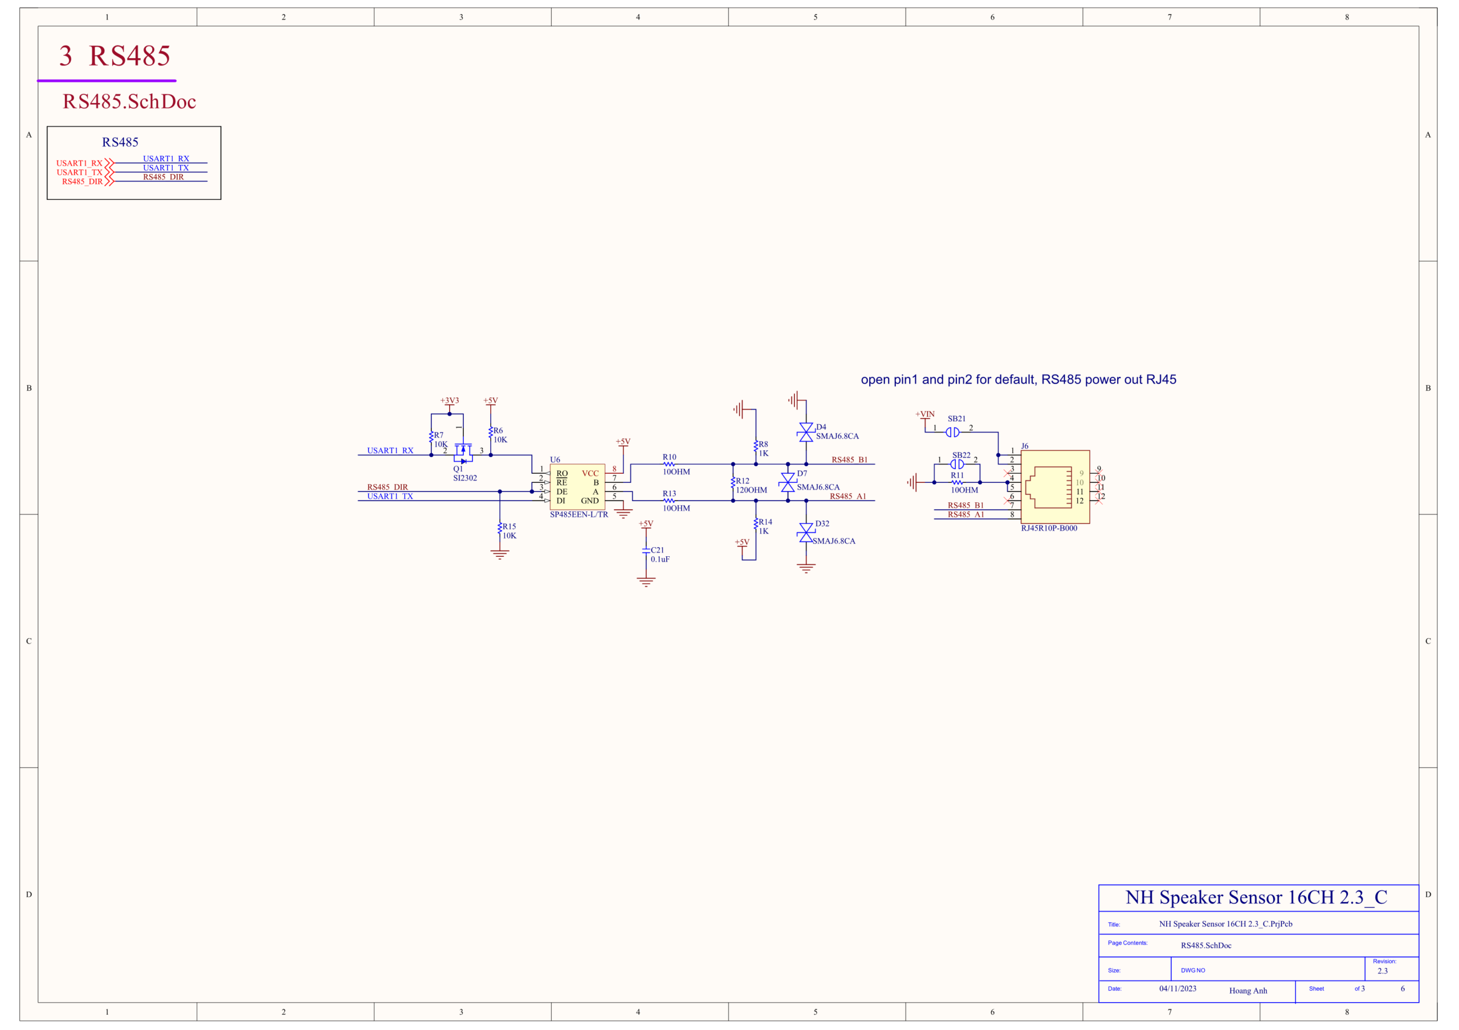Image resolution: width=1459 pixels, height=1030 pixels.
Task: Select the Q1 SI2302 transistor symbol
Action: [x=463, y=452]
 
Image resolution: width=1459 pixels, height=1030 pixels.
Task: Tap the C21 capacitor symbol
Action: [x=646, y=551]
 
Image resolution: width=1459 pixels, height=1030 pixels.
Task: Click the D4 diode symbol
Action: [x=806, y=433]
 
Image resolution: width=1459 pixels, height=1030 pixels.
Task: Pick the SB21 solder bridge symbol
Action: [x=952, y=433]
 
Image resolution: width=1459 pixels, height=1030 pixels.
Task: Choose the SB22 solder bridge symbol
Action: [x=957, y=464]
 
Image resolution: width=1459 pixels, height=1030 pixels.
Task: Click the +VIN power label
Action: [x=924, y=414]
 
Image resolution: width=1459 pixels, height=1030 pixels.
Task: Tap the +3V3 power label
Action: [x=449, y=401]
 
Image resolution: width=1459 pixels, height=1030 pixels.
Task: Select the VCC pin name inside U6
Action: [x=590, y=474]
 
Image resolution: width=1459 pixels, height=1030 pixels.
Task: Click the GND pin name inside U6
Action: [x=590, y=501]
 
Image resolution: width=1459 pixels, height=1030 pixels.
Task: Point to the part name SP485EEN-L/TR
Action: [x=579, y=514]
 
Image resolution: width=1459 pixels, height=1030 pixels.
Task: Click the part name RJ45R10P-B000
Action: [x=1049, y=528]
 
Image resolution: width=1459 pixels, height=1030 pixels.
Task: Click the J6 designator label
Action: [x=1024, y=446]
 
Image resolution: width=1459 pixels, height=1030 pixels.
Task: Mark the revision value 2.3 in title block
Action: [x=1382, y=971]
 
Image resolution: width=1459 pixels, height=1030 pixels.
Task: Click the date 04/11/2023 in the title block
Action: [x=1177, y=989]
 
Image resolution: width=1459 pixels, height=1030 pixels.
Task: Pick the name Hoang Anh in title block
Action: [x=1248, y=991]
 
